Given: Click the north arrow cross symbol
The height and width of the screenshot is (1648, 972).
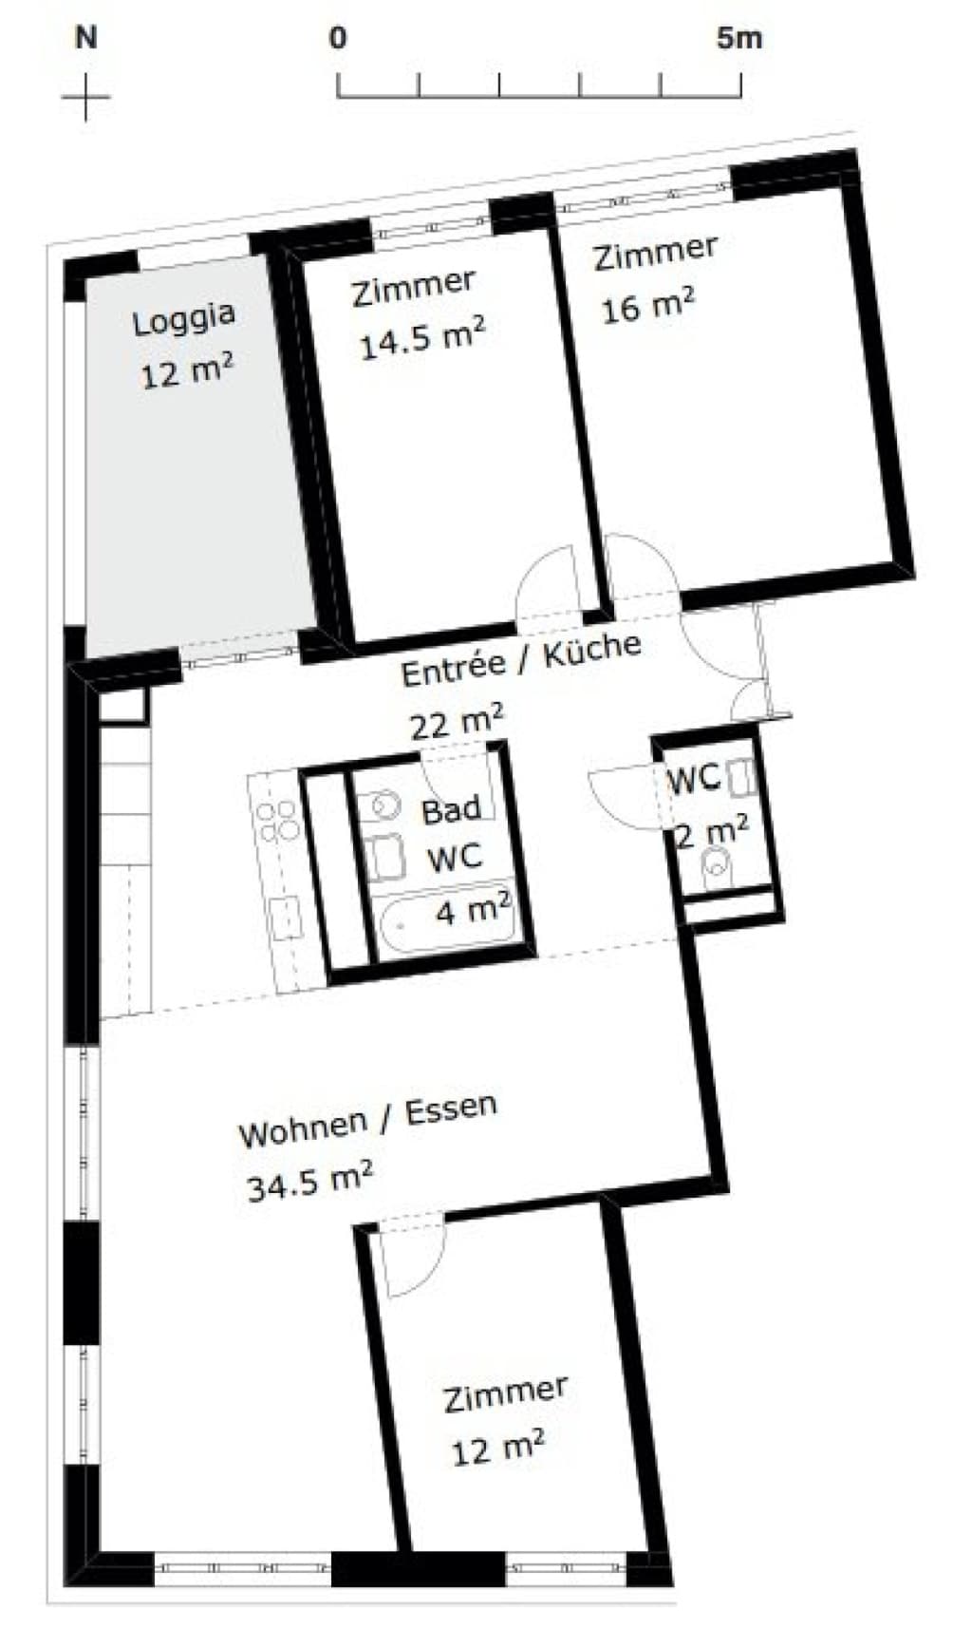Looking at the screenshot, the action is click(x=85, y=96).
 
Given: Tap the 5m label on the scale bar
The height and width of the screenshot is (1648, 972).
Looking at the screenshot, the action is click(x=739, y=38).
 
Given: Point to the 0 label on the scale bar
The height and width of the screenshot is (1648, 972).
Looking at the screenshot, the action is click(x=338, y=38).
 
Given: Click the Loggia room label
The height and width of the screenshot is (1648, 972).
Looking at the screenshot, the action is click(x=183, y=319).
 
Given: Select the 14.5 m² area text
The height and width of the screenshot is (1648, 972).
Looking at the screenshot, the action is click(x=422, y=338).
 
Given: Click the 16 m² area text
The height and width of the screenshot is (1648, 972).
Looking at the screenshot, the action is click(x=648, y=305).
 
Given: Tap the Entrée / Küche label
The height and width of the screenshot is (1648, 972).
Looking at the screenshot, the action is click(x=521, y=658).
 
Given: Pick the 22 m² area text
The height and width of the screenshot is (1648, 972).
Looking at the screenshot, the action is click(x=457, y=722).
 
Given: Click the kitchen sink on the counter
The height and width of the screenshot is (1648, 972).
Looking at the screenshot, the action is click(x=286, y=918).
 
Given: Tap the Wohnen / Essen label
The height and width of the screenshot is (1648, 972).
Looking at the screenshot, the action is click(x=368, y=1121).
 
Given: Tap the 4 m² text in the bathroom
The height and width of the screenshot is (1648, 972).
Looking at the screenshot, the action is click(x=474, y=909).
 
